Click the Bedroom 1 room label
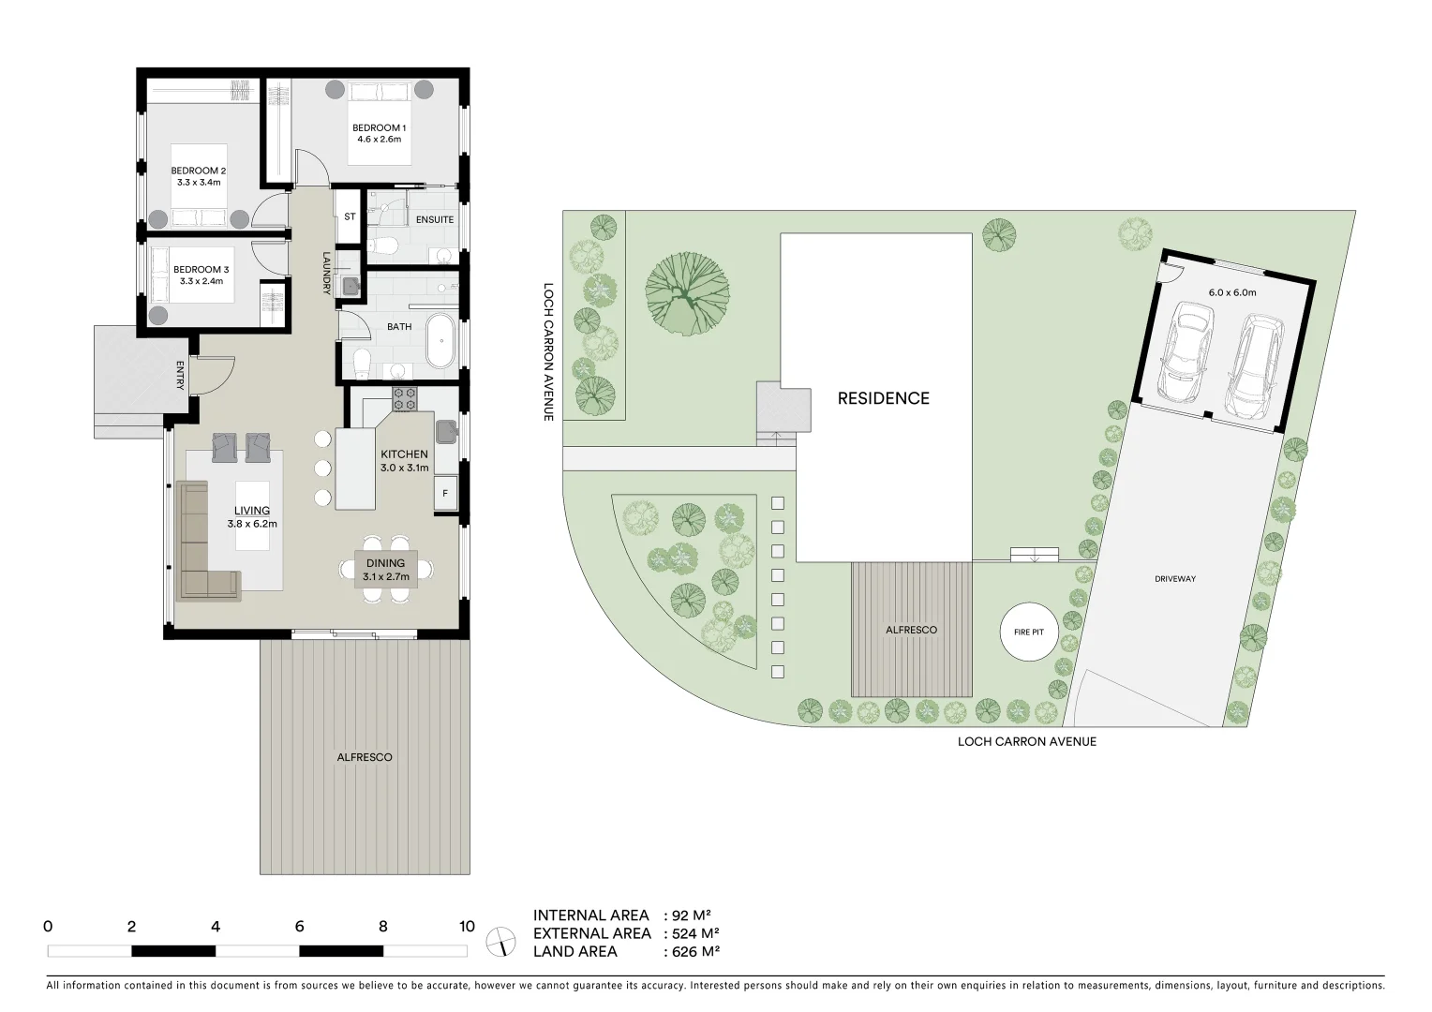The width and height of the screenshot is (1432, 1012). tap(379, 127)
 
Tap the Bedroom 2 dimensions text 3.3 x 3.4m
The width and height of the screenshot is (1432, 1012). tap(198, 183)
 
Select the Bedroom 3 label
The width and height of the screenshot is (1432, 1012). tap(201, 269)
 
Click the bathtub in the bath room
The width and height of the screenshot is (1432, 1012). tap(439, 343)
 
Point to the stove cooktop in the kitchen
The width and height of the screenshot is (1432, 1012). tap(404, 398)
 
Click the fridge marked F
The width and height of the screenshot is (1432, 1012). tap(444, 494)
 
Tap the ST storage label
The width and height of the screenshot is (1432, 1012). tap(350, 216)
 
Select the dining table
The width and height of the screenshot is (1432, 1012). tap(385, 570)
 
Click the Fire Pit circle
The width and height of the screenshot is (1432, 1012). tap(1028, 632)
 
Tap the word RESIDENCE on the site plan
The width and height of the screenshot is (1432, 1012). tap(883, 398)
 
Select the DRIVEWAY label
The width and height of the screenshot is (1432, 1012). tap(1174, 579)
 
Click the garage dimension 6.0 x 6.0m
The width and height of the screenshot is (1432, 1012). tap(1231, 292)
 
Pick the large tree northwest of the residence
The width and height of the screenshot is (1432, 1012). tap(687, 293)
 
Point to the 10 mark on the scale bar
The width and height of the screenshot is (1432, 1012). tap(466, 927)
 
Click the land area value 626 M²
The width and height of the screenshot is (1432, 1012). tap(694, 952)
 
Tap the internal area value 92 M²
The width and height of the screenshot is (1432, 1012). tap(692, 915)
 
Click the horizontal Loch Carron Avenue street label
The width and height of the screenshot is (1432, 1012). tap(1026, 741)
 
